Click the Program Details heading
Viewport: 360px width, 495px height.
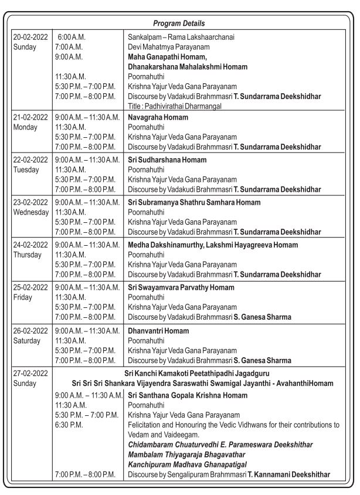click(x=179, y=23)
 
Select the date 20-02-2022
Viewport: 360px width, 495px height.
click(x=30, y=36)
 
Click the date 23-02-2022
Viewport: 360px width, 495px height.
click(x=30, y=202)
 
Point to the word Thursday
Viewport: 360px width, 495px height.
click(x=28, y=255)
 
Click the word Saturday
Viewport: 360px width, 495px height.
click(x=28, y=340)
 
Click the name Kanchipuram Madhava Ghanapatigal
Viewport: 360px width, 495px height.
click(x=188, y=464)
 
